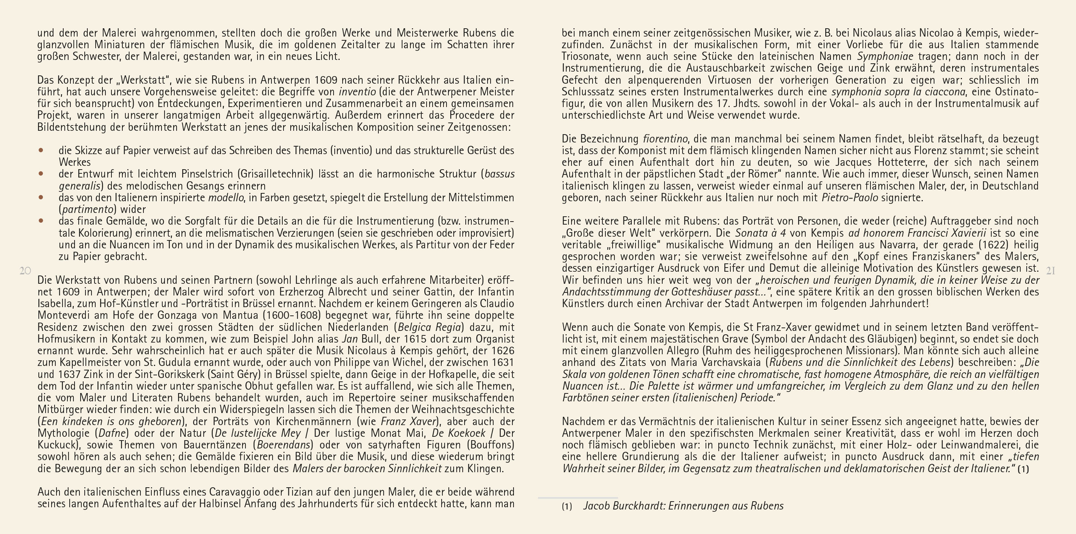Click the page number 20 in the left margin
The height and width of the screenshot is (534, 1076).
click(25, 271)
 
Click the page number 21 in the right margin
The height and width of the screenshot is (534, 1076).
click(1050, 271)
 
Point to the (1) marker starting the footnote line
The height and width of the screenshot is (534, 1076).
click(567, 506)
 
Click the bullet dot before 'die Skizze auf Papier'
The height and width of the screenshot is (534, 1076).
click(41, 150)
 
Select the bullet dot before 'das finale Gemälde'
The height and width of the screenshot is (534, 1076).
click(41, 220)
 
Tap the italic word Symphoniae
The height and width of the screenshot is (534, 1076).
click(885, 57)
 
